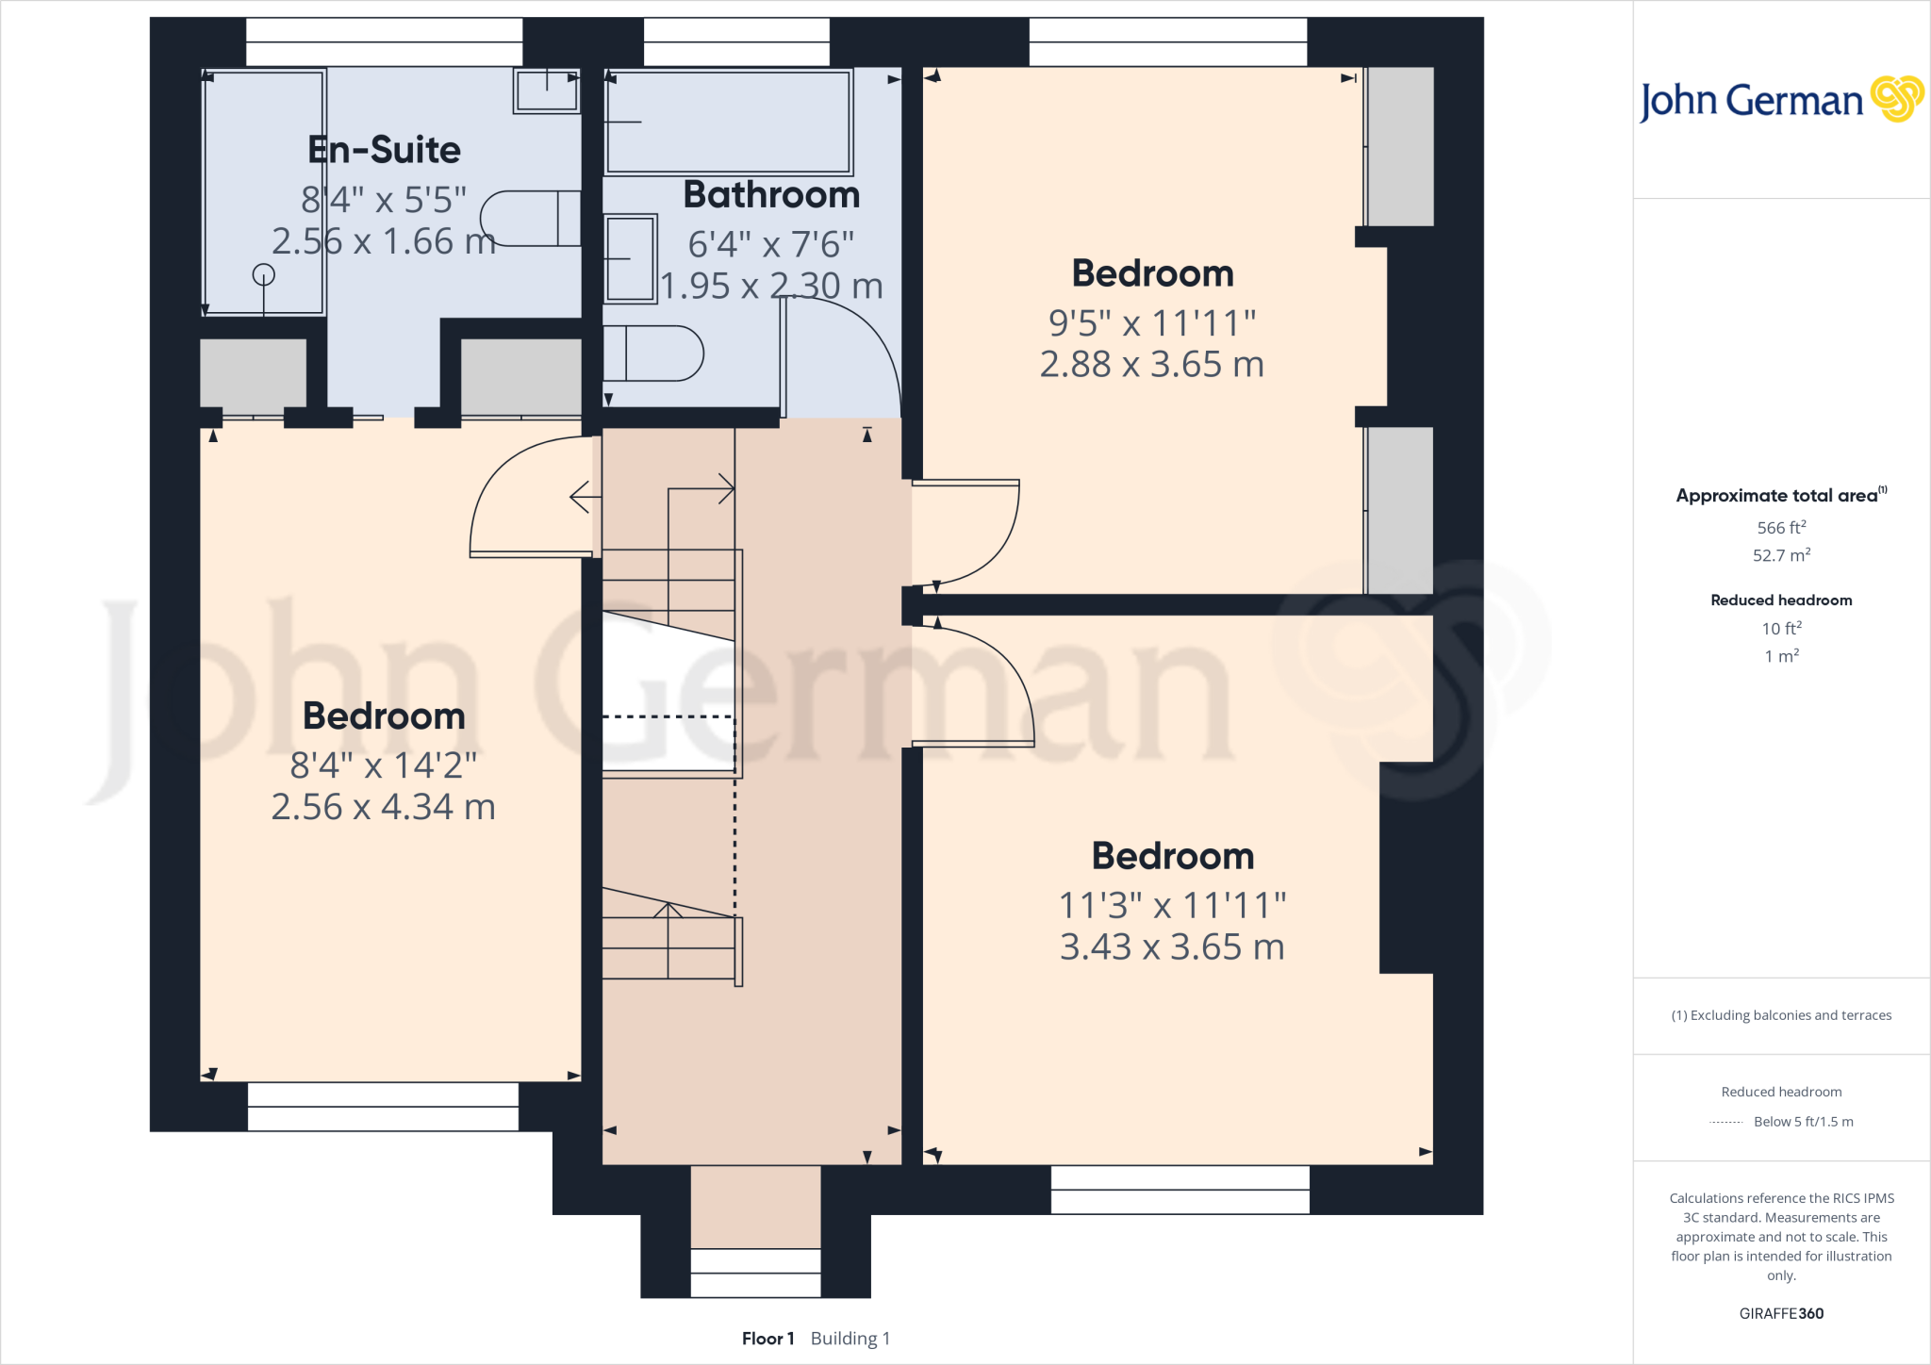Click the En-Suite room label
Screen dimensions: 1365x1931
[384, 150]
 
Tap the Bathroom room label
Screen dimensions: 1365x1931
[771, 195]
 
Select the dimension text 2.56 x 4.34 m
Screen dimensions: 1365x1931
[383, 807]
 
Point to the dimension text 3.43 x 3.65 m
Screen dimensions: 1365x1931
[1172, 946]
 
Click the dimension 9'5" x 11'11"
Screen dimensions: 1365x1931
[1152, 323]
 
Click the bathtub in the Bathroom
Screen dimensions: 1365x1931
[728, 122]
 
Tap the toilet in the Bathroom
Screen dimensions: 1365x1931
[652, 354]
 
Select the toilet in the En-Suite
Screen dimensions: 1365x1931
[530, 219]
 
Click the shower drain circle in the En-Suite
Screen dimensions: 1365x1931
[264, 274]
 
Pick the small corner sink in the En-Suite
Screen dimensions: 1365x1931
[546, 91]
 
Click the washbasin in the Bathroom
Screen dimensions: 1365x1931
[630, 258]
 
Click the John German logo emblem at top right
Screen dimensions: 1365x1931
[1896, 99]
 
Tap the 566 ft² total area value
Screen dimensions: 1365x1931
[1781, 528]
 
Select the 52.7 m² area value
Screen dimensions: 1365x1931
[1781, 555]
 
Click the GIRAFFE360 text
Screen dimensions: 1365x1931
[1781, 1313]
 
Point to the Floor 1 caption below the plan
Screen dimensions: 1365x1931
[767, 1339]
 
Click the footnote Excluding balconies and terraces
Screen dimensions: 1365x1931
[1781, 1015]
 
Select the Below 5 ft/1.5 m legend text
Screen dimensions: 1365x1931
[1803, 1122]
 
